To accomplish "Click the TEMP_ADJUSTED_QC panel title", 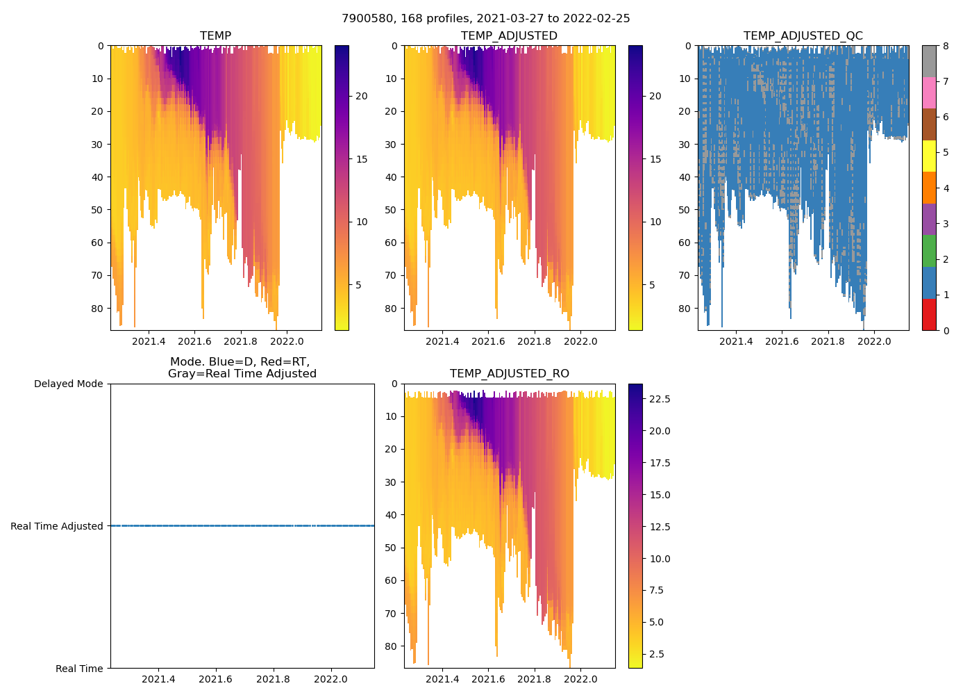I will click(x=803, y=36).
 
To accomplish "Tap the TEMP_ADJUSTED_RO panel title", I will click(x=509, y=374).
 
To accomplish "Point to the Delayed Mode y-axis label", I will click(x=68, y=384).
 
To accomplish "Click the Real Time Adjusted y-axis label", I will click(x=57, y=526).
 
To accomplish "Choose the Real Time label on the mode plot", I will click(x=79, y=669).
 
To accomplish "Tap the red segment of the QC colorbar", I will click(x=929, y=314).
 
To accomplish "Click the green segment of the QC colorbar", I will click(x=929, y=251).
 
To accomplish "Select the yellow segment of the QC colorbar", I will click(x=929, y=156).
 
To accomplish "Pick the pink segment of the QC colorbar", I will click(x=929, y=92).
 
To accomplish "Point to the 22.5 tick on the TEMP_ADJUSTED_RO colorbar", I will click(x=657, y=399).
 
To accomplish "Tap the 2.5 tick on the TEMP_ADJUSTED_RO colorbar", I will click(x=655, y=654).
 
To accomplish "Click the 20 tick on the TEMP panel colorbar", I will click(x=361, y=96).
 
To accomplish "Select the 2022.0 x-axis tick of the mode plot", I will click(x=331, y=679).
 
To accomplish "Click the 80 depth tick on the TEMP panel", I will click(x=98, y=309).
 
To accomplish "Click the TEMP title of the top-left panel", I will click(x=215, y=36).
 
